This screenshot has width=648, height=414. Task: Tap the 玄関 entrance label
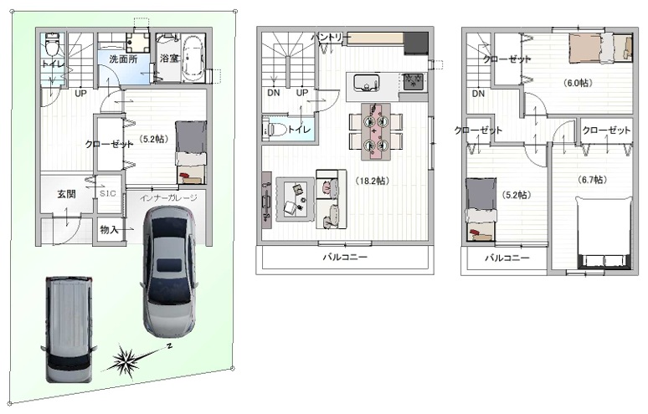(x=66, y=193)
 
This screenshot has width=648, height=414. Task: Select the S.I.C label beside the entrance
(x=108, y=193)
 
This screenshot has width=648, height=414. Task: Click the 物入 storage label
(x=109, y=229)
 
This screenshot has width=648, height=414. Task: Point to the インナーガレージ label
(x=168, y=197)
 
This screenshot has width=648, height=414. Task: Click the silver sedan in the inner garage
(x=169, y=271)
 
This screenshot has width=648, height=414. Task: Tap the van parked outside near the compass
(x=69, y=329)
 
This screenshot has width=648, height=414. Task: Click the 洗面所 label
(x=123, y=59)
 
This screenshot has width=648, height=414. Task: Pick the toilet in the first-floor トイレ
(x=53, y=44)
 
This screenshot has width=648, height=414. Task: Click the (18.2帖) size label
(x=372, y=181)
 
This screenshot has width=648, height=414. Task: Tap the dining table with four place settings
(x=375, y=131)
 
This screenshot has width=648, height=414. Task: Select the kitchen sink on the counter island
(x=366, y=82)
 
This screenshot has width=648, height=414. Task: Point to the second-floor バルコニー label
(x=345, y=257)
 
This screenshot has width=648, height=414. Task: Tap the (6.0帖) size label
(x=578, y=83)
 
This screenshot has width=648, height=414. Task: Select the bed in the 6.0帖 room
(x=601, y=48)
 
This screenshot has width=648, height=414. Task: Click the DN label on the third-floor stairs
(x=478, y=94)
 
